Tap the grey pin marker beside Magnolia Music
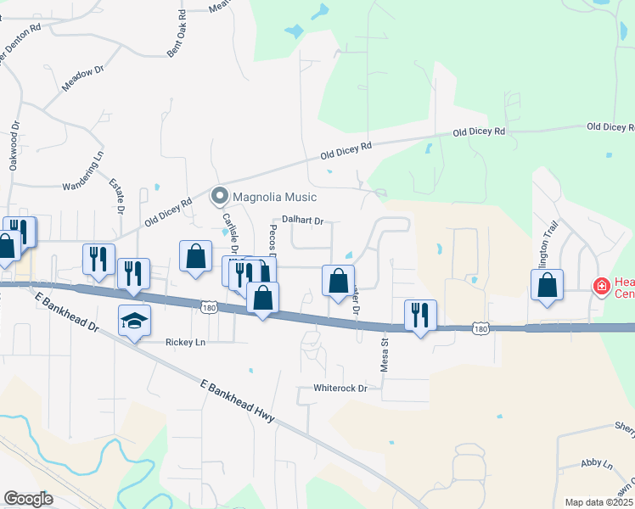(x=220, y=197)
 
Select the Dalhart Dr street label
(x=302, y=221)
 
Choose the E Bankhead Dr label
(x=63, y=311)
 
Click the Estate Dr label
(x=119, y=195)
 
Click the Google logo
(x=28, y=499)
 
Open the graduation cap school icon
(x=134, y=320)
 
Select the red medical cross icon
(x=602, y=287)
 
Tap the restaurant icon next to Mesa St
(x=420, y=315)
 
